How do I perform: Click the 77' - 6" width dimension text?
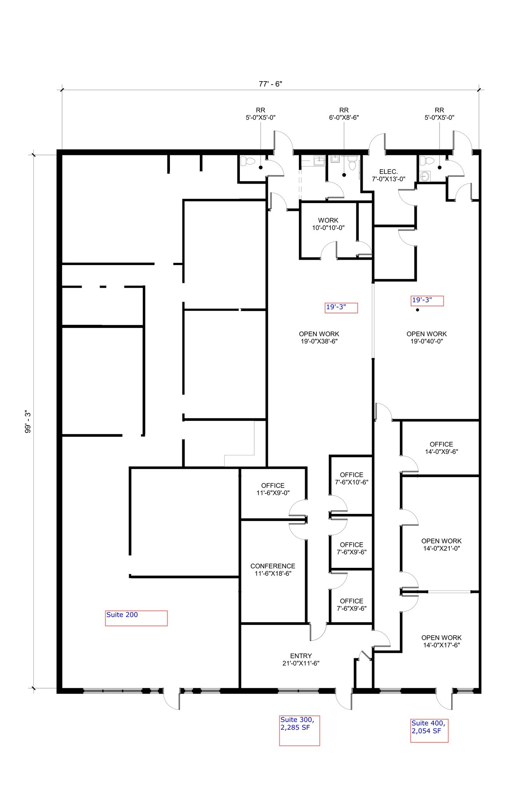[270, 84]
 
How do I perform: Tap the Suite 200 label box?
[136, 618]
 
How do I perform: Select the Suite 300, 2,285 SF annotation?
[299, 730]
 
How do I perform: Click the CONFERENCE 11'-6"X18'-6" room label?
[273, 569]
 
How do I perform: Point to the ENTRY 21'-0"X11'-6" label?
[301, 660]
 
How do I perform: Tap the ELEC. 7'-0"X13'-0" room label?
[388, 175]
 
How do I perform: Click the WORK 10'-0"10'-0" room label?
[328, 224]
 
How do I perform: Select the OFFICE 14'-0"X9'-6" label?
[441, 448]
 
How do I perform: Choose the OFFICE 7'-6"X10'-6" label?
[351, 478]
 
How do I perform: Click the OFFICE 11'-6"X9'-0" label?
[273, 489]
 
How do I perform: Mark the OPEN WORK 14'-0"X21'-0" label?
[441, 544]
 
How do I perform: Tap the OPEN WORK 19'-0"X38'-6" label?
[319, 337]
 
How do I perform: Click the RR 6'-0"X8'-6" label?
[344, 114]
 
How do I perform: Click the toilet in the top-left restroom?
[244, 161]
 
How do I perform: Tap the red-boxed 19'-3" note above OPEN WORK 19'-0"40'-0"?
[427, 300]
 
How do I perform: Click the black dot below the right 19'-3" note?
[417, 310]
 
